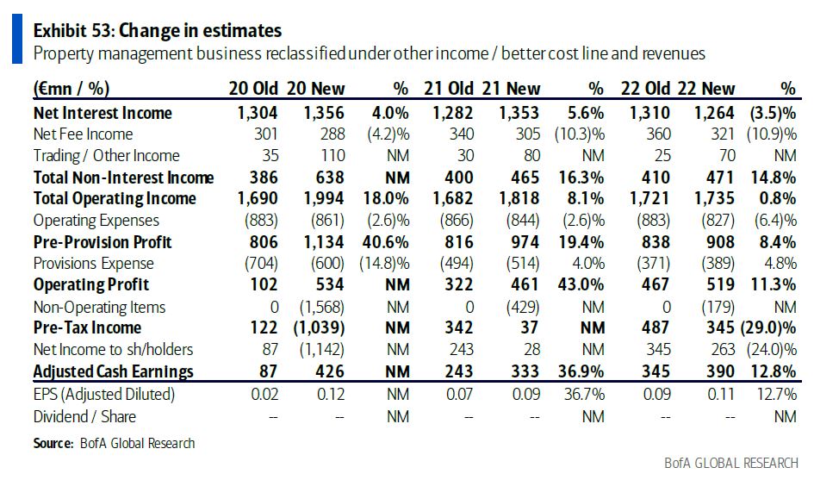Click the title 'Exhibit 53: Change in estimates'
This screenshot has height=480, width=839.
(x=157, y=30)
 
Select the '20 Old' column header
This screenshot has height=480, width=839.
(x=252, y=89)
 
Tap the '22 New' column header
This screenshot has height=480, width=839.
(x=705, y=89)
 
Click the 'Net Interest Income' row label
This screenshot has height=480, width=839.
(x=103, y=113)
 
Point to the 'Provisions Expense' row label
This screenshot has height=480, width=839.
(x=95, y=263)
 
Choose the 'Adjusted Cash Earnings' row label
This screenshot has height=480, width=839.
(x=113, y=371)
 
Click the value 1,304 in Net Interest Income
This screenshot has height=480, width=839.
(x=258, y=113)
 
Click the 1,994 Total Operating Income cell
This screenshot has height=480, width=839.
(x=324, y=199)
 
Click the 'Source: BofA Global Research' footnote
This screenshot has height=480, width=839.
(x=114, y=443)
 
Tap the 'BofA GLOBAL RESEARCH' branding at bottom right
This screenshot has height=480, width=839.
(x=731, y=463)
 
